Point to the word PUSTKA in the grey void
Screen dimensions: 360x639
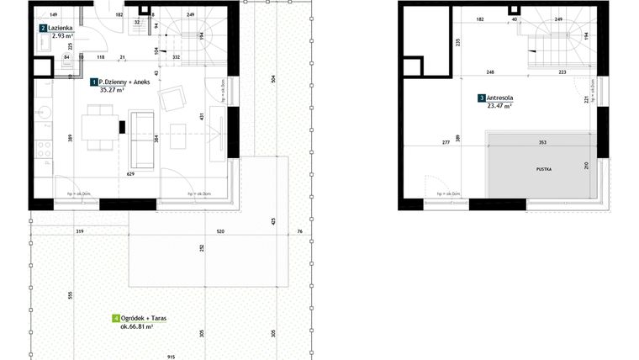pyautogui.click(x=545, y=169)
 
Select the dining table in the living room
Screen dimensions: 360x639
pyautogui.click(x=101, y=127)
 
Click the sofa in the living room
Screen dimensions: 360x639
pyautogui.click(x=140, y=138)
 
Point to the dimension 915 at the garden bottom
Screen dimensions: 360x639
pyautogui.click(x=172, y=356)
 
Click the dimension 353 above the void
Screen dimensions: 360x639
pyautogui.click(x=543, y=142)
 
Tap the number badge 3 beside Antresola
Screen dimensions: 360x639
pyautogui.click(x=481, y=98)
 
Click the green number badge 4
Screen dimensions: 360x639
pyautogui.click(x=115, y=318)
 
